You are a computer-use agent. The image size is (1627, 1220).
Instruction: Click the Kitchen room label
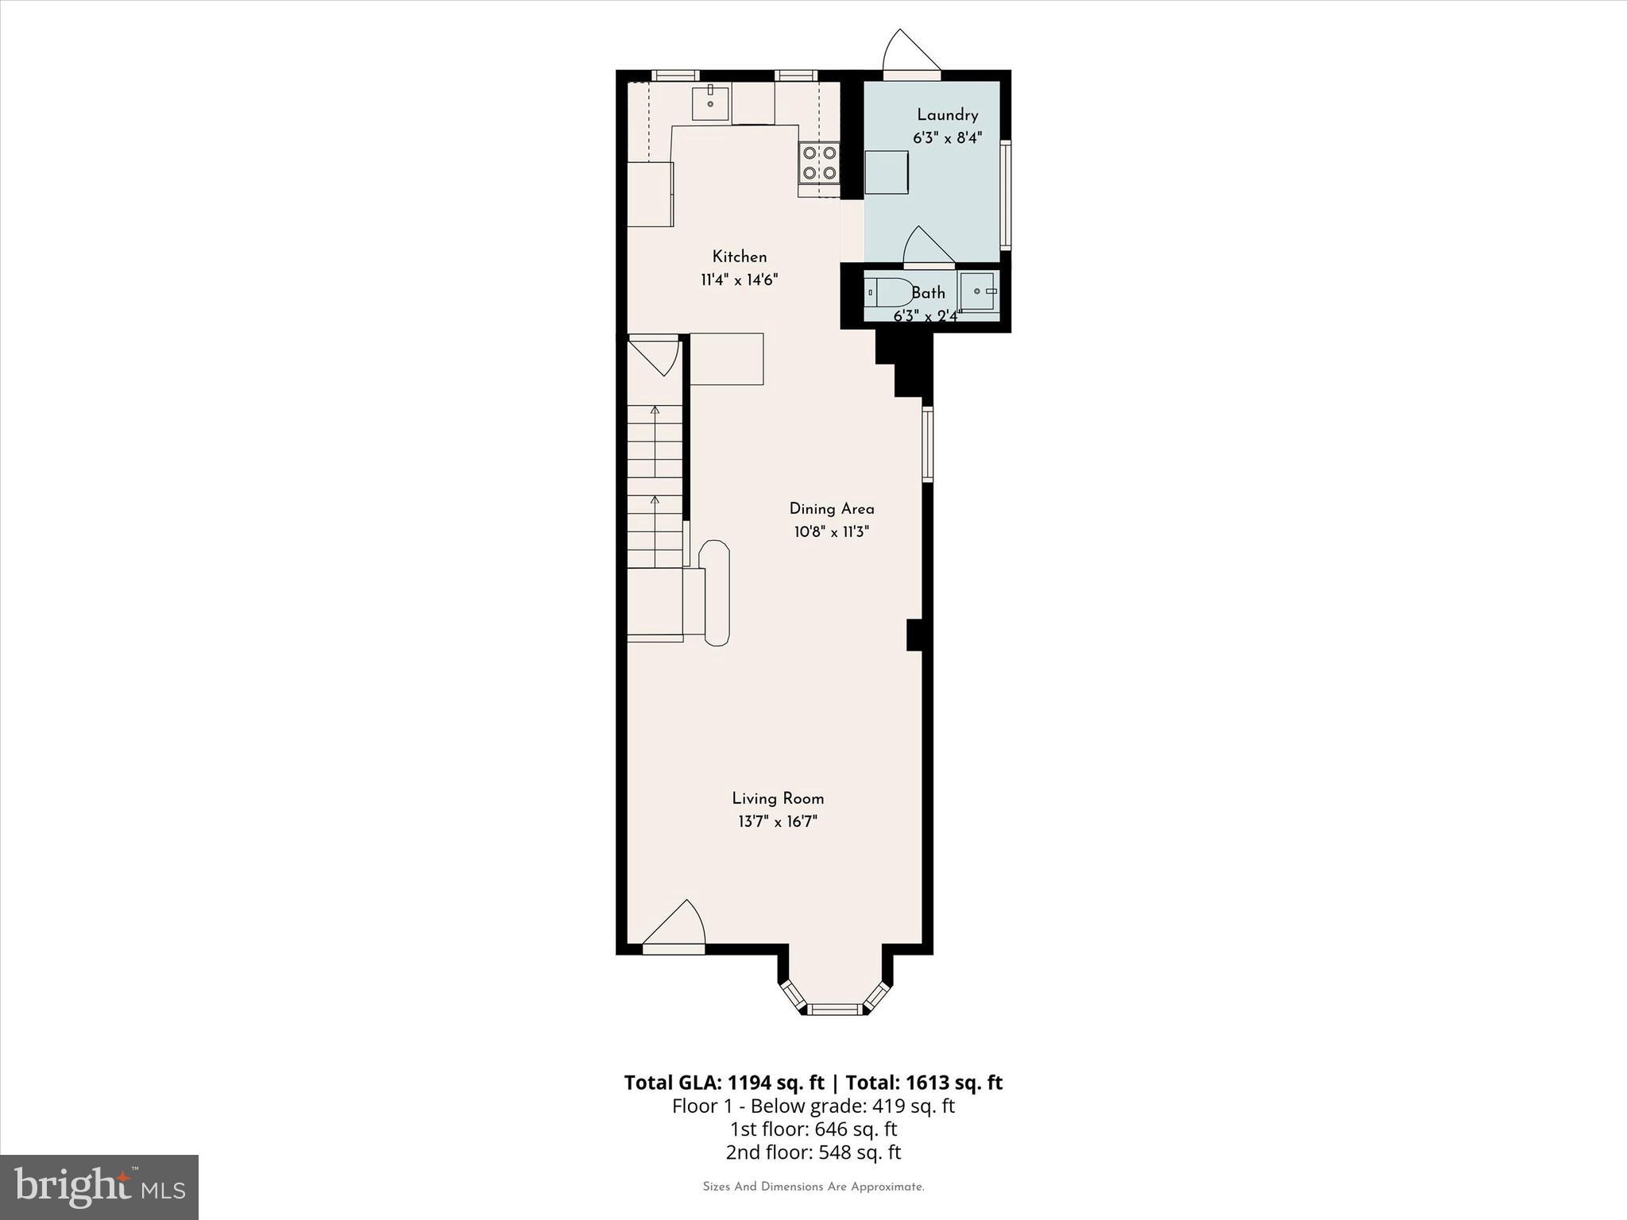739,257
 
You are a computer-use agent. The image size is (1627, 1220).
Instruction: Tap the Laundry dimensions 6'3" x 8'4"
947,137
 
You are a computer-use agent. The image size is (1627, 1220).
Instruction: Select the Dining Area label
831,508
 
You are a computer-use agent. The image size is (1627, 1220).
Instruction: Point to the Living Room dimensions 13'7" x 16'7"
777,821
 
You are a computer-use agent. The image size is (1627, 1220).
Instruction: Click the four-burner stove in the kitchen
819,162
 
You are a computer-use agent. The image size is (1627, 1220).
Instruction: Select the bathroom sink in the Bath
979,291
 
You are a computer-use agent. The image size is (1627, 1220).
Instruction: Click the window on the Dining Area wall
927,444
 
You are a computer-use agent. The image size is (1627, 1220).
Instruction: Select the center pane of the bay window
835,1009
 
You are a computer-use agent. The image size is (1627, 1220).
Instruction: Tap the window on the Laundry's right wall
1005,195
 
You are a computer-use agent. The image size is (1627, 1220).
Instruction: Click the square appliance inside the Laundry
887,172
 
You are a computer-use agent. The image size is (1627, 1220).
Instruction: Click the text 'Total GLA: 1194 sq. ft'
724,1083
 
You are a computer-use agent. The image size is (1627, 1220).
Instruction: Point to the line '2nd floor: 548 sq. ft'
813,1152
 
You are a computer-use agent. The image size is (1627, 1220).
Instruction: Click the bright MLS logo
99,1187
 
